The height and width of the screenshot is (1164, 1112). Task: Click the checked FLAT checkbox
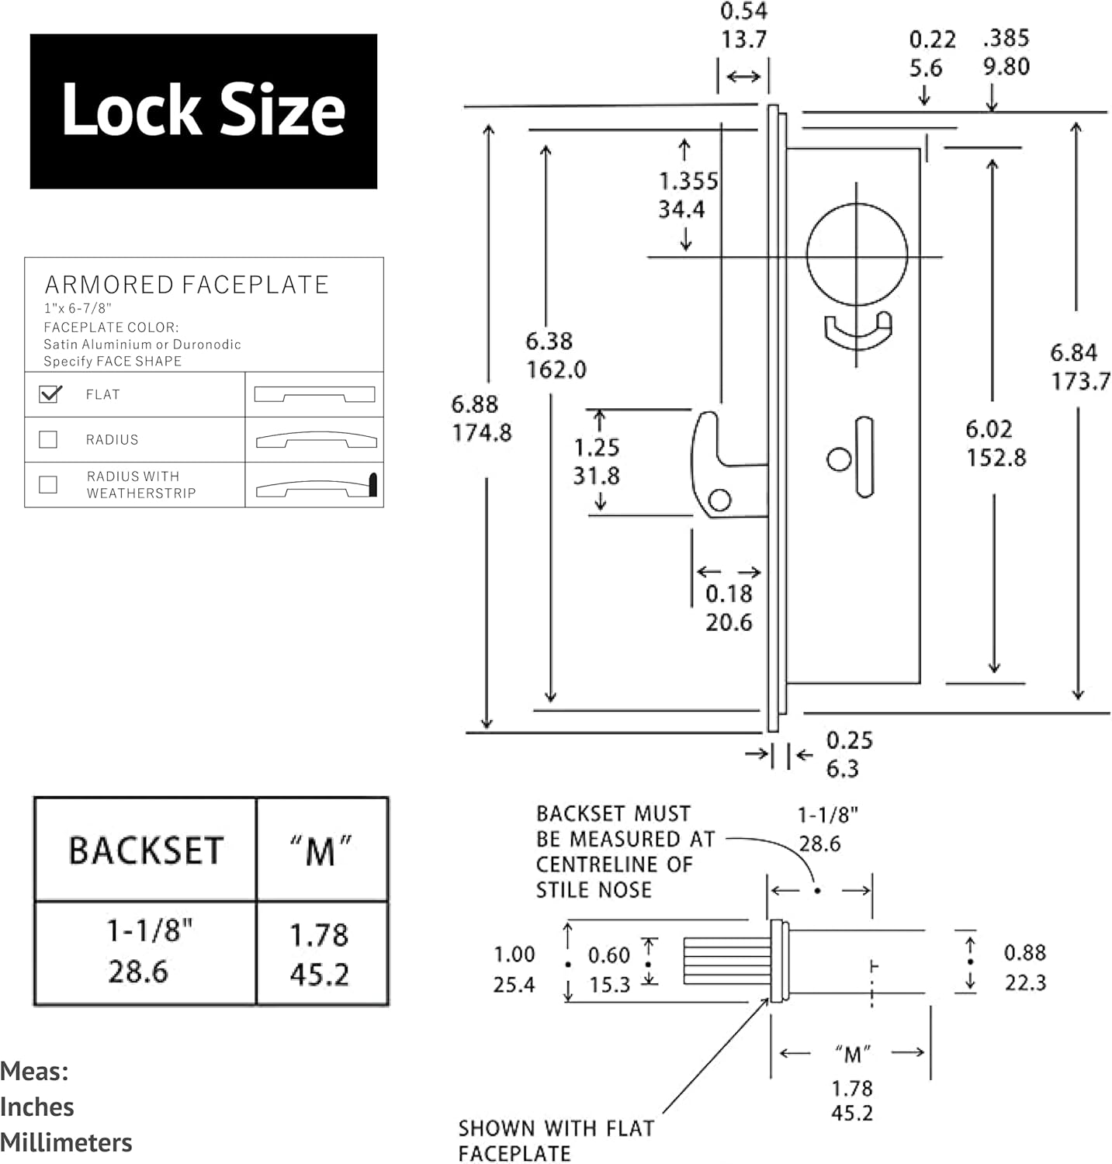click(49, 394)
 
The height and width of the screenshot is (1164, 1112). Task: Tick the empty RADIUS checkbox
click(48, 439)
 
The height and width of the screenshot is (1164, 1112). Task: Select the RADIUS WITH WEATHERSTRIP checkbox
click(48, 484)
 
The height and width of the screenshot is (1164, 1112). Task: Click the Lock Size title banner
click(203, 111)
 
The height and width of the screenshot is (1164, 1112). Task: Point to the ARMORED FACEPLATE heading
click(187, 285)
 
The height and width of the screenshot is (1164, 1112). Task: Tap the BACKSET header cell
click(146, 850)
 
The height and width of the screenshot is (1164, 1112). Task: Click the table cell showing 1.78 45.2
click(321, 954)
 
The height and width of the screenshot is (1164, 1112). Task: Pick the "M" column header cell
click(321, 850)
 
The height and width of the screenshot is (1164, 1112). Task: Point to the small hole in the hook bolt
click(719, 500)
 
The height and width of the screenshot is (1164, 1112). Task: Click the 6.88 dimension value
click(474, 404)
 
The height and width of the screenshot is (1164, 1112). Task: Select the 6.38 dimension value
click(549, 341)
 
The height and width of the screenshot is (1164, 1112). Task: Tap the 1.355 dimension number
click(688, 182)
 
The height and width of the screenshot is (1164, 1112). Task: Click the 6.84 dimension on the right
click(1074, 353)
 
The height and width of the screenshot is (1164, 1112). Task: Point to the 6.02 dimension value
click(989, 429)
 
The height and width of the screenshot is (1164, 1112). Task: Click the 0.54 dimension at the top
click(743, 11)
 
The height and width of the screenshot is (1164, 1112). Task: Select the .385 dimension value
click(1006, 38)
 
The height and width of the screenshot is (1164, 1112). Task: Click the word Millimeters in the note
click(66, 1142)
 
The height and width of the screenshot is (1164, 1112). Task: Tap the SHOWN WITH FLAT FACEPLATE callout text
click(556, 1140)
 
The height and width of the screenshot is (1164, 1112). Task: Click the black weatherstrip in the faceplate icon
click(372, 484)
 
